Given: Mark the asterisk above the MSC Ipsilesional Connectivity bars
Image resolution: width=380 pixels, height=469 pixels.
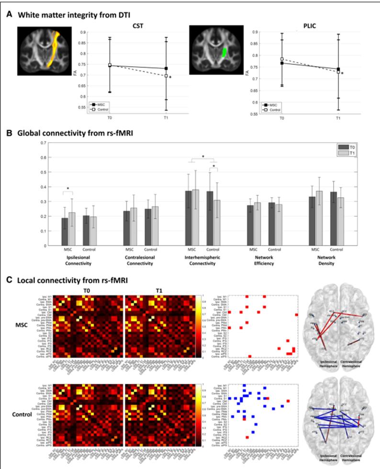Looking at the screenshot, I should tap(67, 188).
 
